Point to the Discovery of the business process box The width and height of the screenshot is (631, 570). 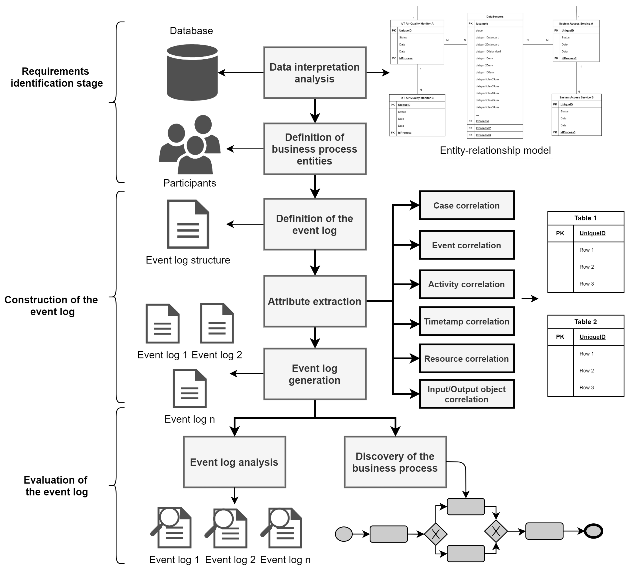395,462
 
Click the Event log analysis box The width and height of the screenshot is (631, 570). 234,462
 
